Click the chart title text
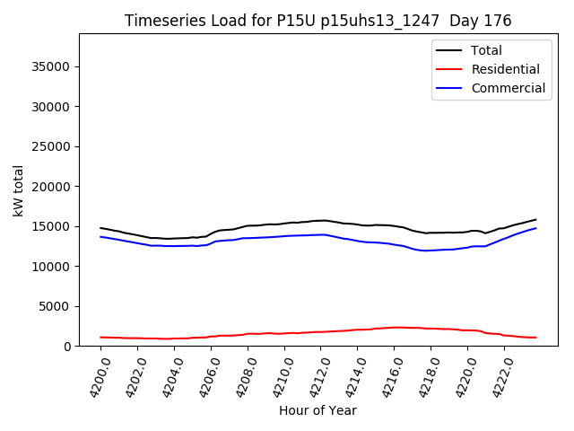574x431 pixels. (x=317, y=21)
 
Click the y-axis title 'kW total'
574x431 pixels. (x=19, y=189)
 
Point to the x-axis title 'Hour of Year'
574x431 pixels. (x=317, y=410)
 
